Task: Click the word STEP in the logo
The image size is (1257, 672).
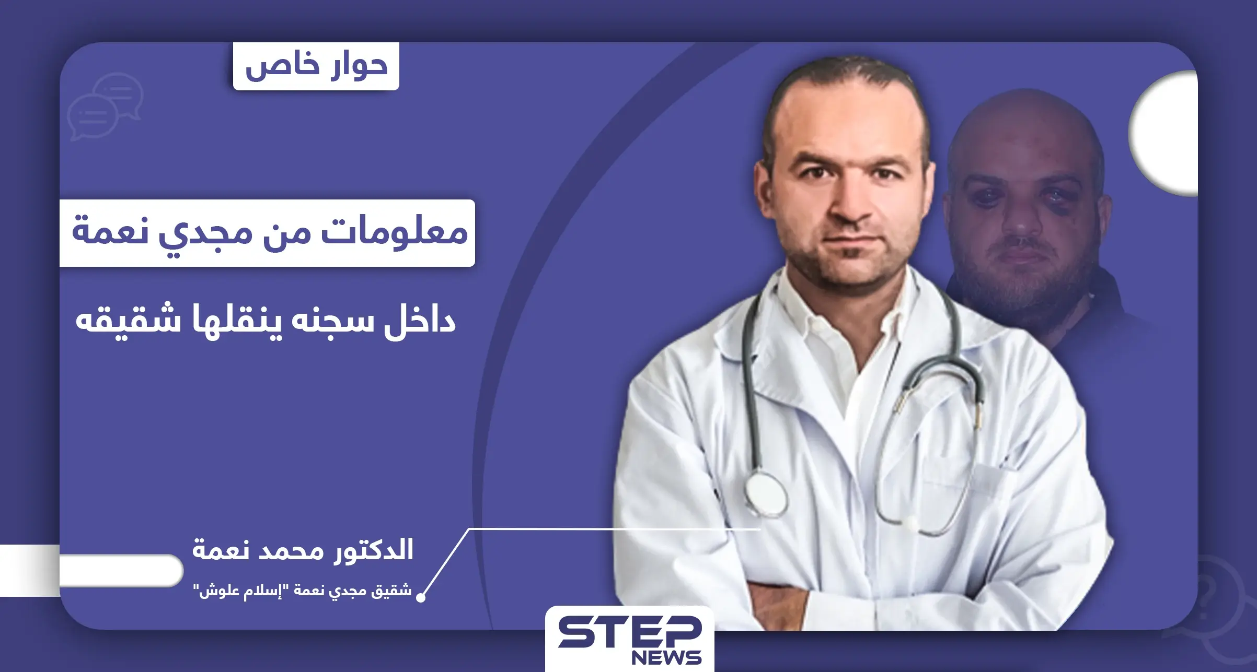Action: click(629, 632)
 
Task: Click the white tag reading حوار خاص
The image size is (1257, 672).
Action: click(316, 67)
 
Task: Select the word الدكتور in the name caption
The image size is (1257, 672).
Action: click(373, 550)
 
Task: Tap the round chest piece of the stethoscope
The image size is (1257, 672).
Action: click(765, 495)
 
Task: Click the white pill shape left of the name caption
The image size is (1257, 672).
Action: click(120, 570)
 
